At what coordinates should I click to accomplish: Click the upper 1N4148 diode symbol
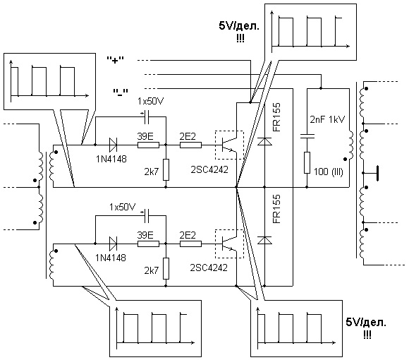click(x=114, y=145)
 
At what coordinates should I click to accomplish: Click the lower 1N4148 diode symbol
click(x=114, y=244)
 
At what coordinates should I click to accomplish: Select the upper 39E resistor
click(x=148, y=145)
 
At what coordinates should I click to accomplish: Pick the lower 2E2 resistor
click(x=190, y=244)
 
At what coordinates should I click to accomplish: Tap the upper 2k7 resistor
click(x=166, y=169)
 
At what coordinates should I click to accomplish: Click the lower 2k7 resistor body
click(x=166, y=268)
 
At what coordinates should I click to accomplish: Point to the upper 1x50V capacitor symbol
click(x=147, y=117)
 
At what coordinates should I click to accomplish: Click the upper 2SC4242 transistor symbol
click(x=229, y=145)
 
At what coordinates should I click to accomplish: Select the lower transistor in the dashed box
click(x=229, y=244)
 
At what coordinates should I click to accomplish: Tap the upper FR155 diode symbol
click(x=264, y=141)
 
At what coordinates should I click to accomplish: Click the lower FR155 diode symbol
click(x=264, y=240)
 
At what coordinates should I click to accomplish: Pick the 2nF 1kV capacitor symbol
click(x=307, y=136)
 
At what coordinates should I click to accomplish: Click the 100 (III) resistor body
click(x=307, y=162)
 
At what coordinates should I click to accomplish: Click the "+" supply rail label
click(x=115, y=60)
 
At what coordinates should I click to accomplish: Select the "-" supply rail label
click(x=121, y=92)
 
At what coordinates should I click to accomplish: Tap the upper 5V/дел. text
click(x=239, y=26)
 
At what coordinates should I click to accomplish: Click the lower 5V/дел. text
click(x=366, y=323)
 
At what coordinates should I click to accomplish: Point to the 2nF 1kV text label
click(x=327, y=119)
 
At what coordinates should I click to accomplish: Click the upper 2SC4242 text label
click(x=209, y=169)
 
